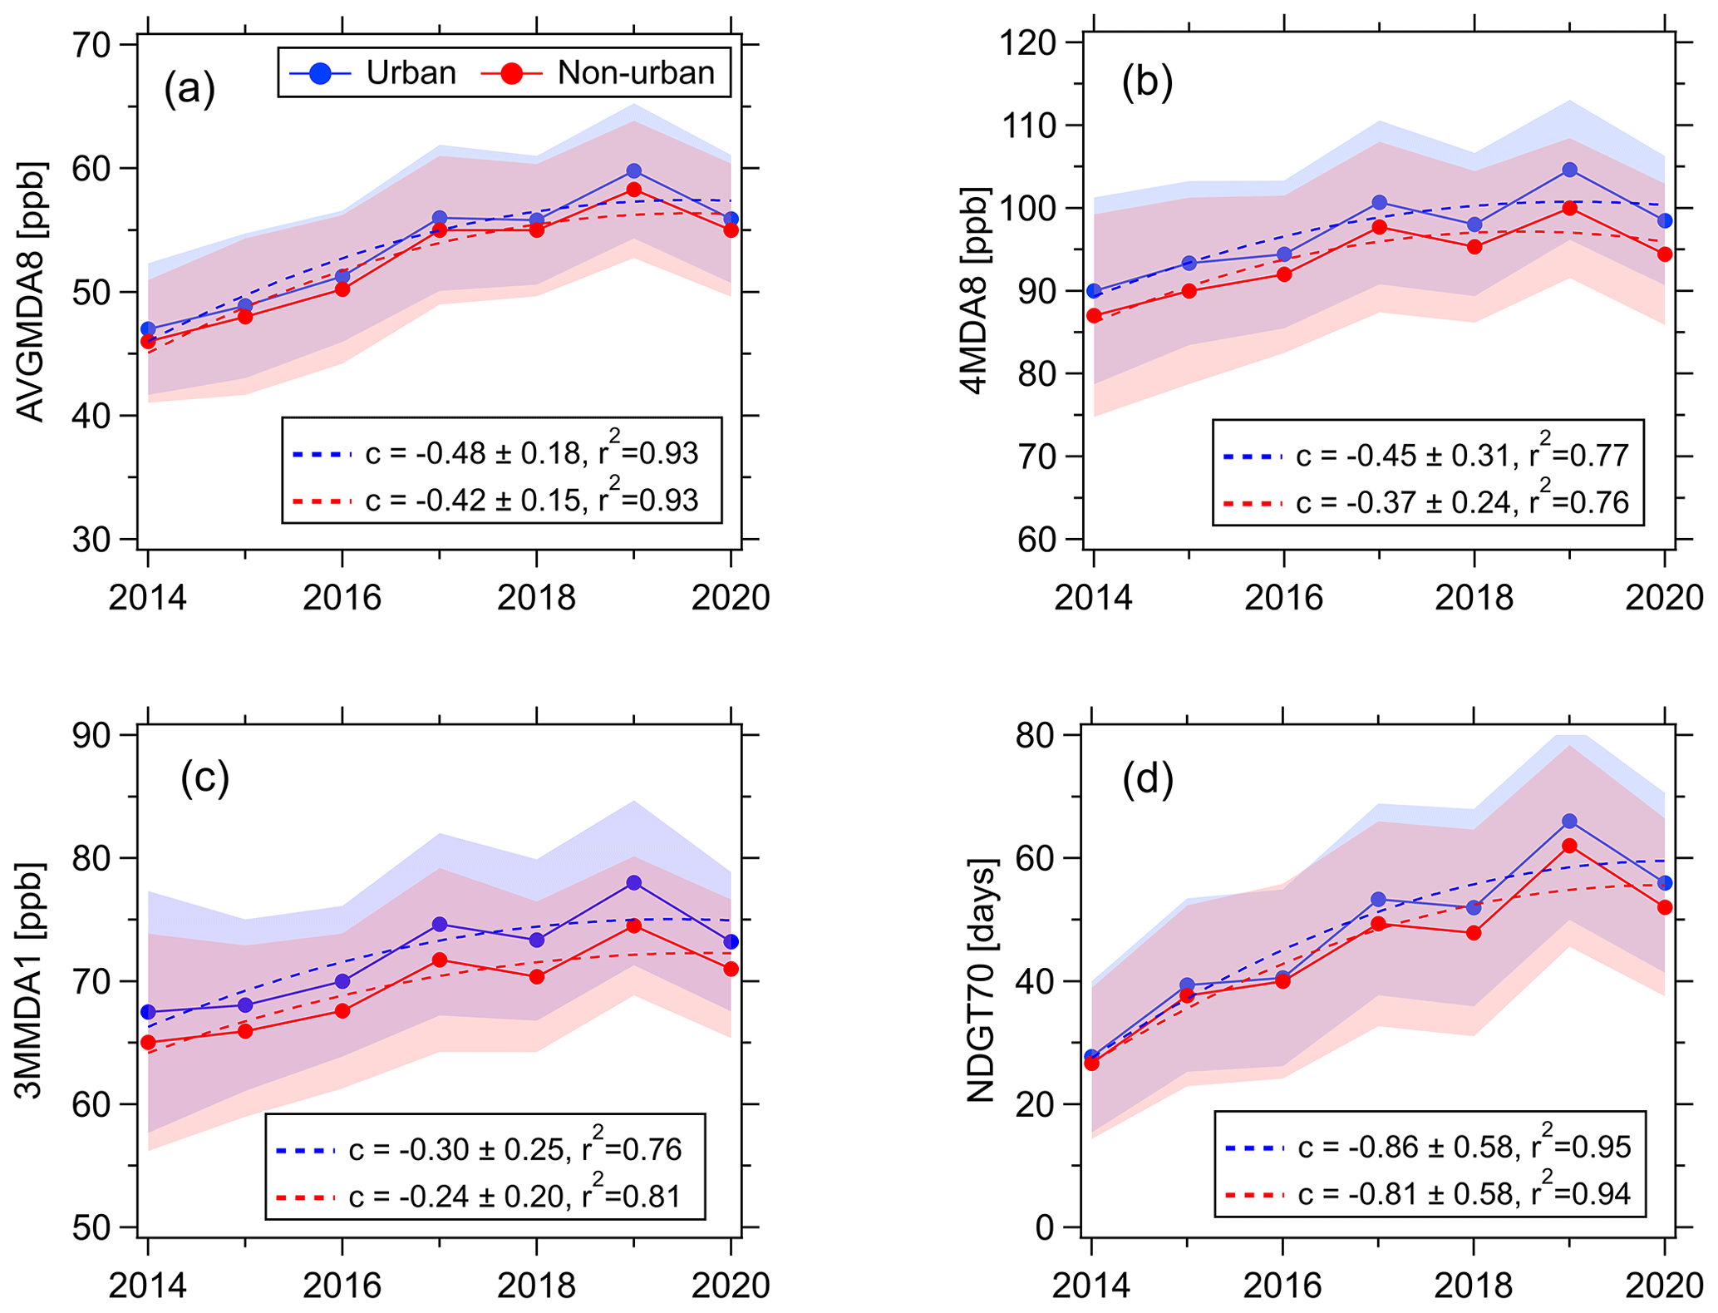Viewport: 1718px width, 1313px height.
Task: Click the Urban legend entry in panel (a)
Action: [x=373, y=73]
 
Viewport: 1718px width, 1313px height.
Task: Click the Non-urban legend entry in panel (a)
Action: [x=598, y=73]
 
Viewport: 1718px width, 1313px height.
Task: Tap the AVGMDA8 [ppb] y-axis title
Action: [x=31, y=292]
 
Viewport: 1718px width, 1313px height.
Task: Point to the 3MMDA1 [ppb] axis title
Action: [x=31, y=981]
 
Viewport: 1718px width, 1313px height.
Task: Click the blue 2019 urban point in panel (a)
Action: [x=634, y=171]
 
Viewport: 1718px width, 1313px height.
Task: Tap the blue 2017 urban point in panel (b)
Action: [x=1380, y=202]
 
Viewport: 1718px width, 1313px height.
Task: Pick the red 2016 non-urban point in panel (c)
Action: [x=342, y=1011]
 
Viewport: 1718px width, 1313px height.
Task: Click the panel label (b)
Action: [x=1147, y=82]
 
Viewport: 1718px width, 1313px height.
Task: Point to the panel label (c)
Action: [x=204, y=777]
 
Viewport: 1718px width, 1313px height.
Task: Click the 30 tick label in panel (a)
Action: [x=91, y=540]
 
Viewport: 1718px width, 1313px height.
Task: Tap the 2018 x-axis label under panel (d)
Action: [x=1474, y=1286]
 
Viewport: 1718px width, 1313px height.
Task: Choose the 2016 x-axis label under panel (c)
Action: [x=342, y=1286]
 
